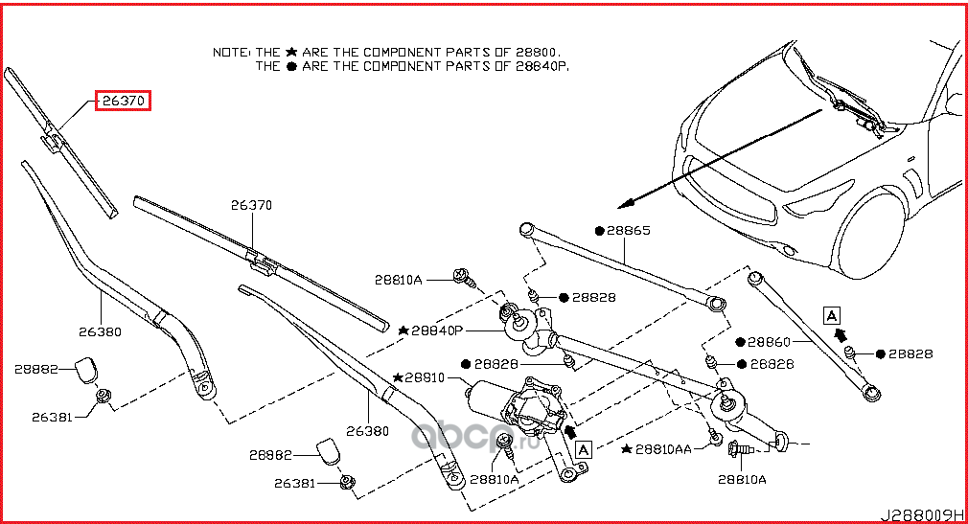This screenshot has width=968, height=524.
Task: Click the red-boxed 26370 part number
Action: pyautogui.click(x=123, y=101)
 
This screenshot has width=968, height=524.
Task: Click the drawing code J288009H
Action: pyautogui.click(x=924, y=513)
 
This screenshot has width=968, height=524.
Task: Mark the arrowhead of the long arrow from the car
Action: pyautogui.click(x=625, y=203)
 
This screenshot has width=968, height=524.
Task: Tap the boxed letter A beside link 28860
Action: pyautogui.click(x=830, y=314)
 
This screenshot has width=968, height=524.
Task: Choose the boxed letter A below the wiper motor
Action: pyautogui.click(x=584, y=446)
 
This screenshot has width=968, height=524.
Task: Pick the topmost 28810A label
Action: pyautogui.click(x=398, y=279)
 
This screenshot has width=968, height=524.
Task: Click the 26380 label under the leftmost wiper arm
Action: pyautogui.click(x=100, y=332)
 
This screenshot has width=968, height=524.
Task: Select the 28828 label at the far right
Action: pyautogui.click(x=910, y=353)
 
